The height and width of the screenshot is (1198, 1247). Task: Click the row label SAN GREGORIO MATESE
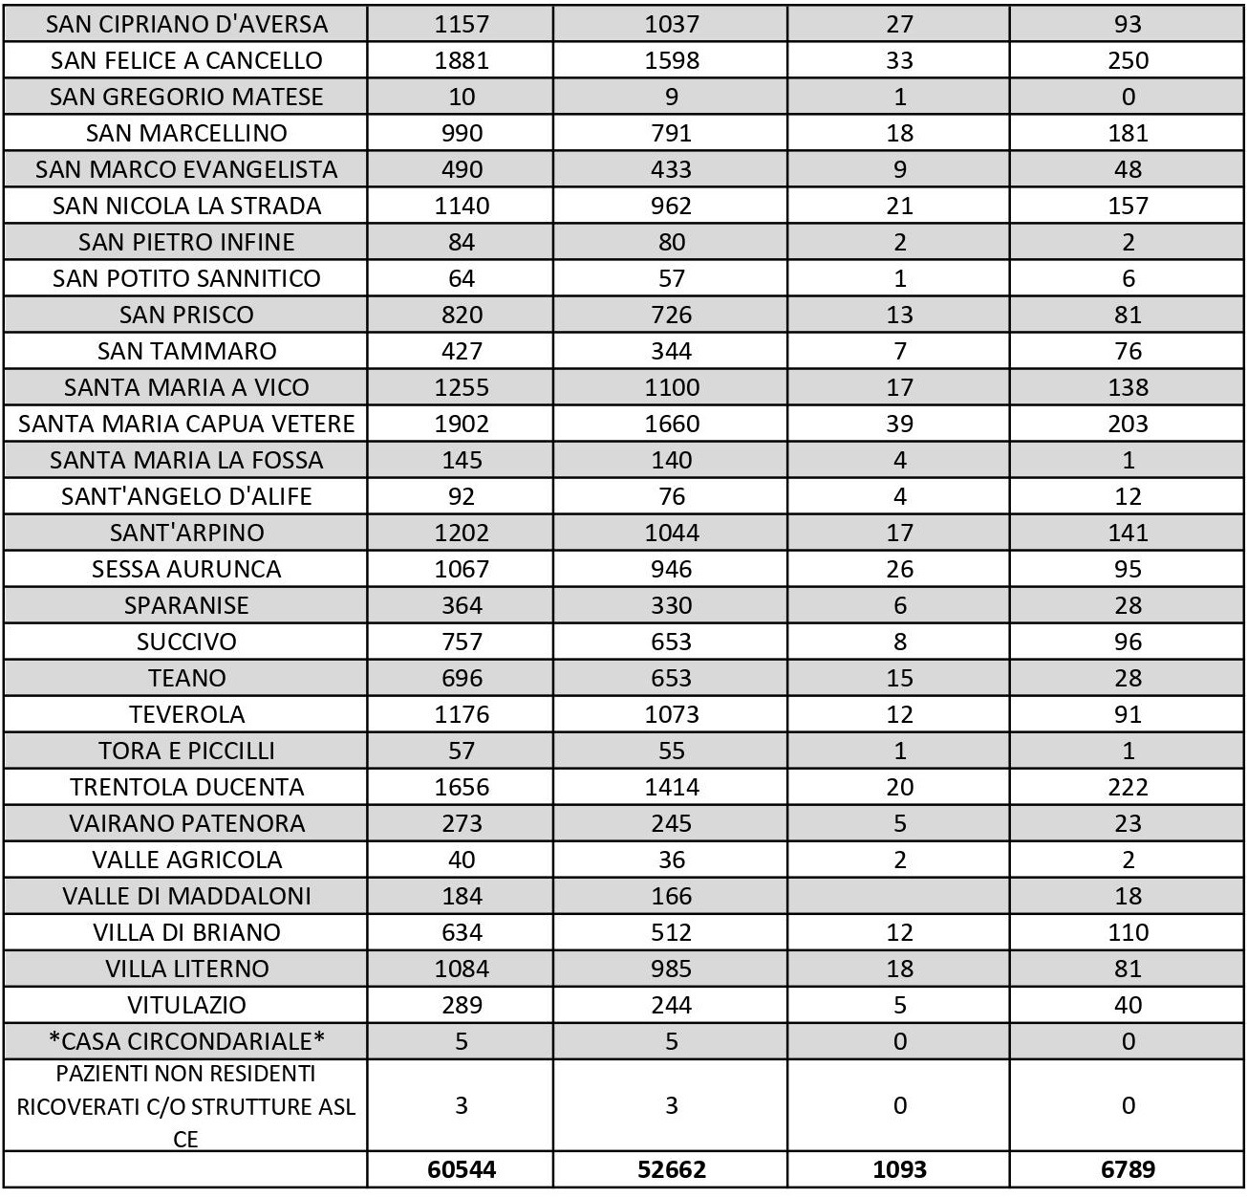pyautogui.click(x=186, y=97)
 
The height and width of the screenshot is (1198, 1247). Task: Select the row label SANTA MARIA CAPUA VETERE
pyautogui.click(x=186, y=424)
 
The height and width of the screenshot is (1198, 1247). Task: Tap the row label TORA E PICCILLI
pyautogui.click(x=186, y=751)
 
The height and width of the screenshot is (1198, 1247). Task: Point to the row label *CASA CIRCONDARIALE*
pyautogui.click(x=186, y=1041)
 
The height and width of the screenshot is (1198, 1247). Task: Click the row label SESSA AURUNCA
pyautogui.click(x=186, y=569)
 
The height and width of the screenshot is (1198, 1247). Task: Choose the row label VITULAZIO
pyautogui.click(x=186, y=1005)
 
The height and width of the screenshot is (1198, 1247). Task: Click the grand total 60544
pyautogui.click(x=462, y=1169)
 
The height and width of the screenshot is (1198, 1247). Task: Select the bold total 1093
pyautogui.click(x=899, y=1169)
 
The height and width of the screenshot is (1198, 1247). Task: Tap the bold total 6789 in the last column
pyautogui.click(x=1128, y=1169)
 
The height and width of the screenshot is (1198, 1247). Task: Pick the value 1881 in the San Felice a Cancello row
pyautogui.click(x=462, y=60)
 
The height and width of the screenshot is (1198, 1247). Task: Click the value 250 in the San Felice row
pyautogui.click(x=1128, y=60)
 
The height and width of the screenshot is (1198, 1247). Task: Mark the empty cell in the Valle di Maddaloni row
pyautogui.click(x=899, y=896)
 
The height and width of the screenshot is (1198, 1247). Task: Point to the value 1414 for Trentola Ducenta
pyautogui.click(x=671, y=787)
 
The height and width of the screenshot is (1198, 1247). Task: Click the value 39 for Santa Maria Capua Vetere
pyautogui.click(x=899, y=424)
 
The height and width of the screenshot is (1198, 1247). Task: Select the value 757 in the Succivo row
pyautogui.click(x=462, y=642)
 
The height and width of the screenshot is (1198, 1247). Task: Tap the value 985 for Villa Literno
pyautogui.click(x=671, y=969)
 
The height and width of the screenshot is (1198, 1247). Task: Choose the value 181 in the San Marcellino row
pyautogui.click(x=1128, y=133)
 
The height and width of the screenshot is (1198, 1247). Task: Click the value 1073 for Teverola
pyautogui.click(x=671, y=714)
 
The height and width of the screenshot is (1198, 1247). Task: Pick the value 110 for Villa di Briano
pyautogui.click(x=1128, y=932)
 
